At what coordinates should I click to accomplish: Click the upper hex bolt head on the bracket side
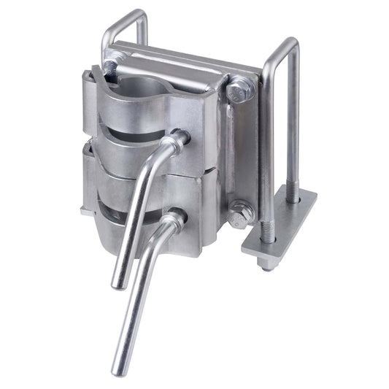tap(239, 91)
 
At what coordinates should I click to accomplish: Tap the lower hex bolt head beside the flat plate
tap(242, 213)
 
